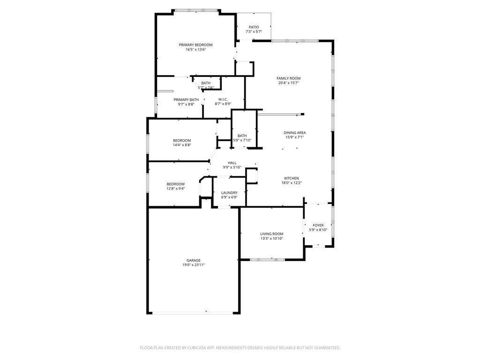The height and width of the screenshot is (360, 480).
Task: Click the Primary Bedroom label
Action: (195, 45)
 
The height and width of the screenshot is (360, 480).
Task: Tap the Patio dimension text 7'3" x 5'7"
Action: (254, 32)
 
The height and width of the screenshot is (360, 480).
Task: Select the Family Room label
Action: (288, 78)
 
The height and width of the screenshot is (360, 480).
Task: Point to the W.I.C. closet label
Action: (223, 99)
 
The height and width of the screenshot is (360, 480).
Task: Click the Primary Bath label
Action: (186, 99)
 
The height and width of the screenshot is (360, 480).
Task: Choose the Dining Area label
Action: (295, 133)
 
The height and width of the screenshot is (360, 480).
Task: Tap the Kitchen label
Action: (291, 178)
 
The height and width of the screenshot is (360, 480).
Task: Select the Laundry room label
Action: (229, 193)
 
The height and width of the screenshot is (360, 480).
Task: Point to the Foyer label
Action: (318, 225)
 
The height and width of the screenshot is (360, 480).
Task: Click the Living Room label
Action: (272, 234)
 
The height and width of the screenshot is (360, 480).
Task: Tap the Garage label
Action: (194, 260)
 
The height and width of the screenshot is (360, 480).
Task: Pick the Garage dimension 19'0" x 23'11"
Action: (194, 265)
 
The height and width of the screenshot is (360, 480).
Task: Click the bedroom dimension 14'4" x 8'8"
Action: (182, 145)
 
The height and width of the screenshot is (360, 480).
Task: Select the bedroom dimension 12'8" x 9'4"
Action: (176, 188)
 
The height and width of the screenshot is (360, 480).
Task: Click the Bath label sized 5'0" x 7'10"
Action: (242, 135)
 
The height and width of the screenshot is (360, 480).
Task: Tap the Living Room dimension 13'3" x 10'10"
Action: (272, 239)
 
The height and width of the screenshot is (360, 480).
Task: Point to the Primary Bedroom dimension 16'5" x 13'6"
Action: (195, 50)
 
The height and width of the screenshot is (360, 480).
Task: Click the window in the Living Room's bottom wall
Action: (268, 259)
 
